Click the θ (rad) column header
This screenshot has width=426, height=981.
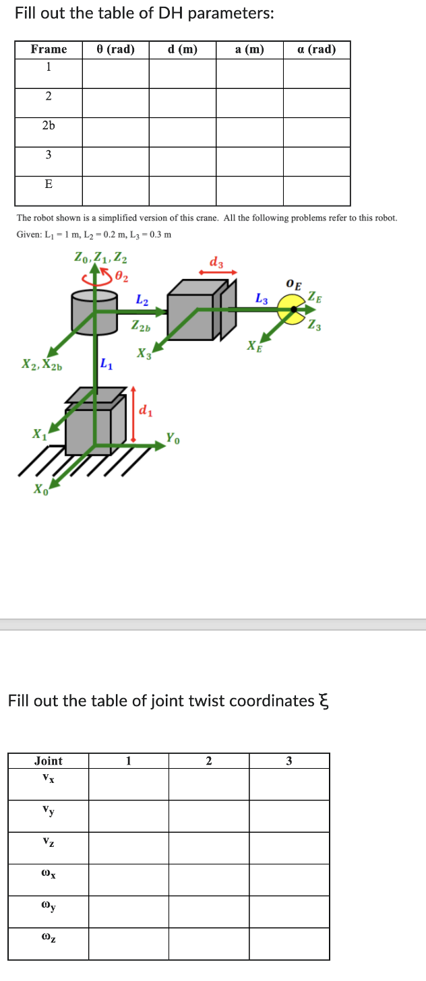[116, 49]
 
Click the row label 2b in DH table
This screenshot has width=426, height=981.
[49, 125]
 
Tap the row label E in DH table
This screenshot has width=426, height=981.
[49, 184]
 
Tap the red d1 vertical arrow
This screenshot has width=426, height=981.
[133, 414]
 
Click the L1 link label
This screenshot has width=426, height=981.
[106, 366]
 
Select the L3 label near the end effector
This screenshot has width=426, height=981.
[262, 298]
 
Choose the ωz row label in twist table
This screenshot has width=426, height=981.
[48, 937]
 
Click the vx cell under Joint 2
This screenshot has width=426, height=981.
[208, 784]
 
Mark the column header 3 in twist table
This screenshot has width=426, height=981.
[288, 761]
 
